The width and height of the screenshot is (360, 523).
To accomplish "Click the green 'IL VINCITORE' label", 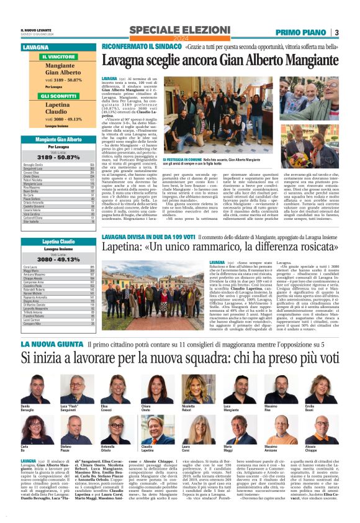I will pyautogui.click(x=58, y=57).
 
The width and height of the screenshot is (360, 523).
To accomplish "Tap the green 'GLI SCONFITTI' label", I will pyautogui.click(x=58, y=96).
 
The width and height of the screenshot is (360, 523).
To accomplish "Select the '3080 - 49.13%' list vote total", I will pyautogui.click(x=59, y=259).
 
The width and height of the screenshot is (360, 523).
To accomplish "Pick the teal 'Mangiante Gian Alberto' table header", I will pyautogui.click(x=59, y=140).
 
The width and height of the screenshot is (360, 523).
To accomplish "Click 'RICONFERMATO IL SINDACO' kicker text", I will pyautogui.click(x=132, y=47).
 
